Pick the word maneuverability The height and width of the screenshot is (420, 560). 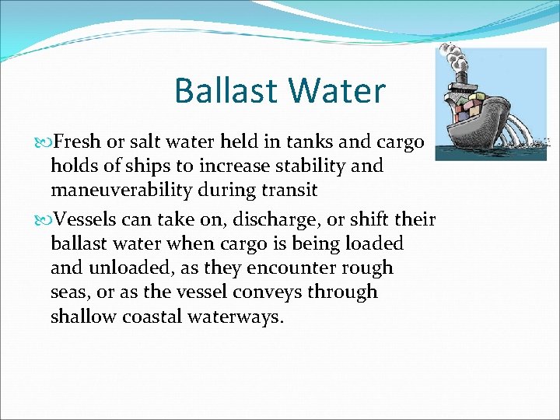point(127,189)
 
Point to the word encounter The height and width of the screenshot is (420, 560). point(285,268)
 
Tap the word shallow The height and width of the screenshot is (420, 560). point(82,317)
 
